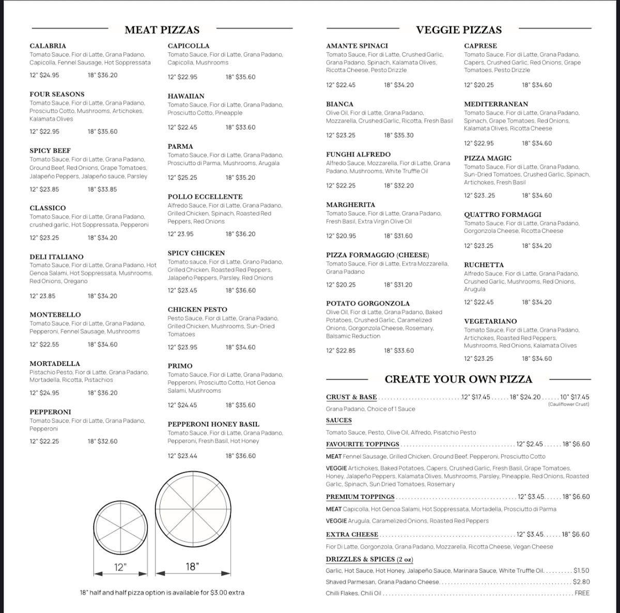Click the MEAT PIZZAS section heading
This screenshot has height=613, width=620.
point(162,30)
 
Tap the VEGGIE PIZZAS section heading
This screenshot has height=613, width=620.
point(459,30)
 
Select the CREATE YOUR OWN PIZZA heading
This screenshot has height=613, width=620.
point(458,379)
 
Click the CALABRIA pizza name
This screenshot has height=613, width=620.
point(48,46)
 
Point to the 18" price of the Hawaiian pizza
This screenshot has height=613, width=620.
point(240,127)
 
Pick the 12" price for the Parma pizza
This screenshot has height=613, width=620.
point(182,177)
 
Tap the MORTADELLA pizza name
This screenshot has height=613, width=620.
point(55,364)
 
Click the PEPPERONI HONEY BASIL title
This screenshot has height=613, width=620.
point(213,424)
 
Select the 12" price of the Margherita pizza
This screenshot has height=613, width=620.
point(341,236)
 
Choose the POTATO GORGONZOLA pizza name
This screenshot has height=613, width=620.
point(368,304)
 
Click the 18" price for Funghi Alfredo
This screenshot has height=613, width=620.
point(399,186)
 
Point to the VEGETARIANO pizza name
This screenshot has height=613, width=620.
point(490,321)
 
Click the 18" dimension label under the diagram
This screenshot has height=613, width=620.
point(192,566)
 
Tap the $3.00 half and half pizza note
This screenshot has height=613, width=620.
point(162,592)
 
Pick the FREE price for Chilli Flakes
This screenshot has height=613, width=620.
point(582,593)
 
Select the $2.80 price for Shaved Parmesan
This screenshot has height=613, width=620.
point(581,582)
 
